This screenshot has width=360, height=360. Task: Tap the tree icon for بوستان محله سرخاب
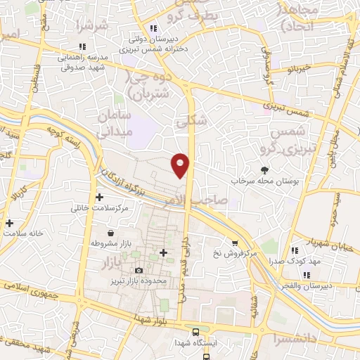tap(264, 169)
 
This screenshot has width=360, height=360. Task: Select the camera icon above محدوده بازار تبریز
tap(139, 271)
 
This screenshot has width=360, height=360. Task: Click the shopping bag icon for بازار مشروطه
tap(110, 233)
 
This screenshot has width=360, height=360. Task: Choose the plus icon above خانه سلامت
tap(9, 224)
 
